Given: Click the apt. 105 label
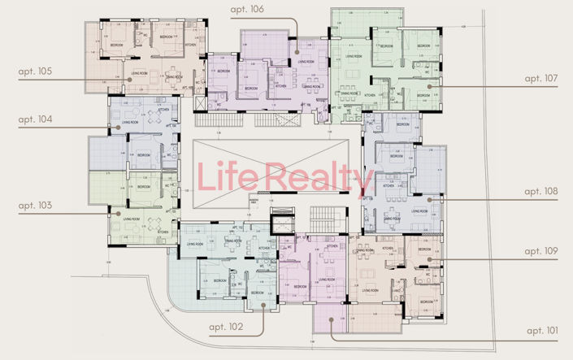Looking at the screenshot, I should (35, 72).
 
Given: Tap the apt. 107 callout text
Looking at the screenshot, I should (540, 79).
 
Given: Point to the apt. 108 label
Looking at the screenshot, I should (540, 192).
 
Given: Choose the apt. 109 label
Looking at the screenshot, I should (540, 252).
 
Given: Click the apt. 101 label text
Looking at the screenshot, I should (542, 331).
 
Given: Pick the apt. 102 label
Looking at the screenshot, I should (225, 327).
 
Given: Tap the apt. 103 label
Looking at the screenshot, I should (35, 206).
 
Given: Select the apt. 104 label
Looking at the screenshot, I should (35, 119).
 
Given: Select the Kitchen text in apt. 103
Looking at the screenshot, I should (163, 232).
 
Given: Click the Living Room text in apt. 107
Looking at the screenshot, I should (353, 56).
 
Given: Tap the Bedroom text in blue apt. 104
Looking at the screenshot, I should (143, 154).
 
